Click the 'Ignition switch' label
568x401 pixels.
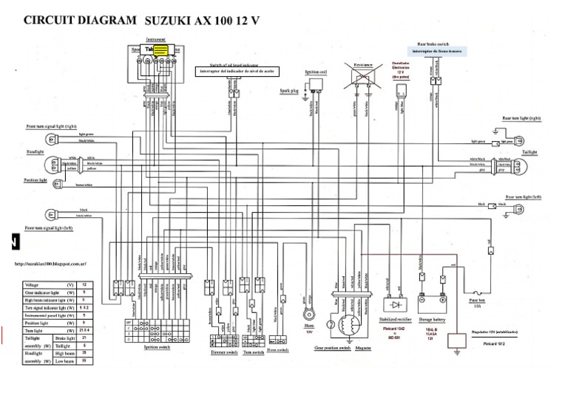pyautogui.click(x=158, y=346)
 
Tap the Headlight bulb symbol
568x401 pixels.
pyautogui.click(x=51, y=162)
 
